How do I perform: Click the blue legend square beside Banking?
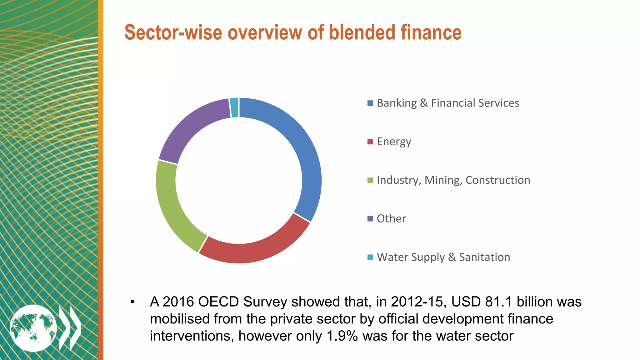coord(370,103)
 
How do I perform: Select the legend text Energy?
coord(394,142)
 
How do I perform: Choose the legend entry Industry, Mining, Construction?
coord(453,180)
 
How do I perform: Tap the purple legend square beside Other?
coord(370,218)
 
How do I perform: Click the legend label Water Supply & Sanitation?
coord(443,257)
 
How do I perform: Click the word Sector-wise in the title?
coord(173,32)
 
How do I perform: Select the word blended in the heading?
coord(362,32)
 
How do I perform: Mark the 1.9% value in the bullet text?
coord(342,336)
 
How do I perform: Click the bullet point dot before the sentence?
coord(132,302)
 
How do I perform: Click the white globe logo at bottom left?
coord(33,328)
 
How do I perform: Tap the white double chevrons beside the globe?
coord(70,328)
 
